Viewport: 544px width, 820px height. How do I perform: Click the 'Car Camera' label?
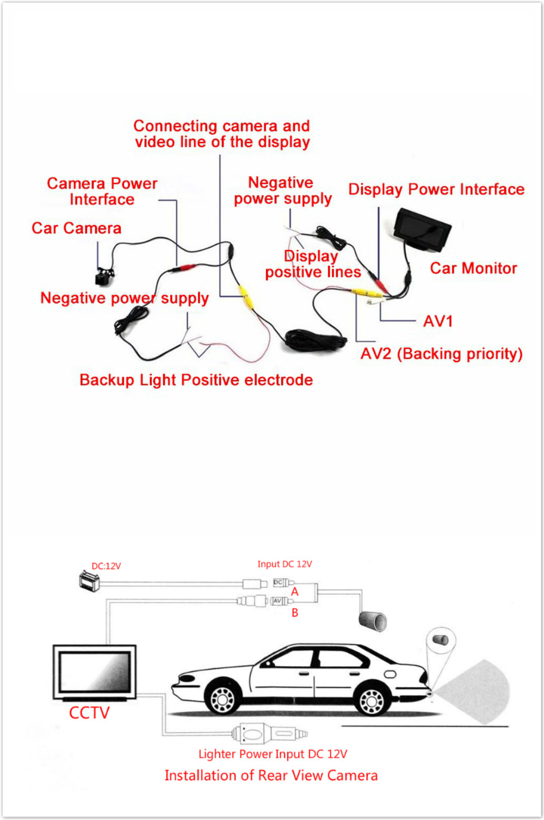coord(76,228)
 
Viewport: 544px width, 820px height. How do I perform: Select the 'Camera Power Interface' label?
coord(102,191)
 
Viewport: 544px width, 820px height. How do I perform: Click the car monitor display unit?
coord(422,230)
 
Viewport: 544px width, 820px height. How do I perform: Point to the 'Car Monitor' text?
coord(473,268)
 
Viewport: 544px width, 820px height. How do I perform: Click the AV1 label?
coord(438,321)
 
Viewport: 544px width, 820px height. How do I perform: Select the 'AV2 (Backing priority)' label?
coord(441,354)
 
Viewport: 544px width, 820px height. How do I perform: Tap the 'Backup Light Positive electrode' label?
coord(196,380)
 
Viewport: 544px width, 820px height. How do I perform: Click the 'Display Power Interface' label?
coord(436,190)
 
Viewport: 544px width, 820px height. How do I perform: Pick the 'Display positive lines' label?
coord(313,264)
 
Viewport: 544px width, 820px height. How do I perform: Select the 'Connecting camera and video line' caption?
coord(222,134)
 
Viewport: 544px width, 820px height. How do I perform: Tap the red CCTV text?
coord(89,713)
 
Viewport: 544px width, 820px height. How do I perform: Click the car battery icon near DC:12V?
coord(89,581)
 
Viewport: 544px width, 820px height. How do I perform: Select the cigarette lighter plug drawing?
coord(270,734)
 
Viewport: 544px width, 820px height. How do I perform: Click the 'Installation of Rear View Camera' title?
coord(271,775)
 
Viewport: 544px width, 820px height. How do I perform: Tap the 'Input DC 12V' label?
coord(285,564)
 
